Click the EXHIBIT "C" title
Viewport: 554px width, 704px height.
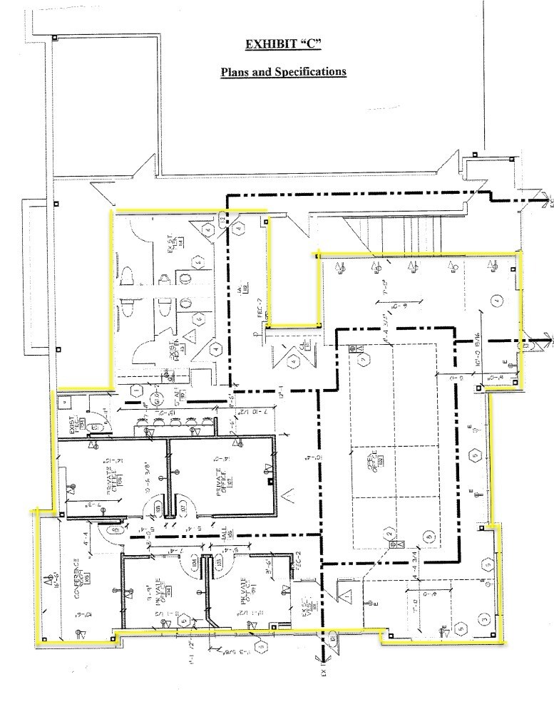282,44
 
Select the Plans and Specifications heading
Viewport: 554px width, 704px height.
283,72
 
